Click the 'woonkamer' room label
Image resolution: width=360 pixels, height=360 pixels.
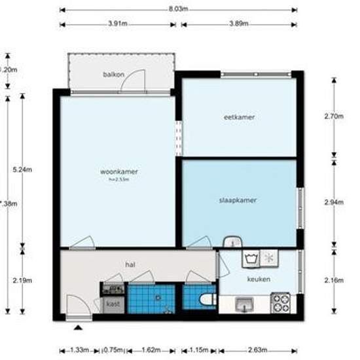[x=118, y=171]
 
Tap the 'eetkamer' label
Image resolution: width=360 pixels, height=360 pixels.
[x=239, y=117]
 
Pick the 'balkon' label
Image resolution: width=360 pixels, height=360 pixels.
[x=113, y=75]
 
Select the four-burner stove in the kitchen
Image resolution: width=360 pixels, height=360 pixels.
[x=281, y=303]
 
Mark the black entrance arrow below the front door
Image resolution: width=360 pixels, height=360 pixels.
[x=79, y=326]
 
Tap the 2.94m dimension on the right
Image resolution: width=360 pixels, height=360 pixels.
[x=334, y=203]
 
